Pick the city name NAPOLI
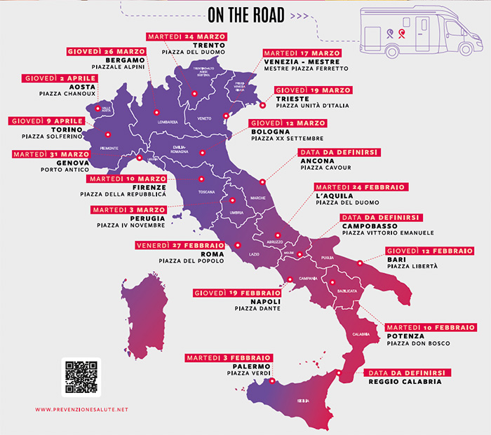[x=262, y=300]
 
